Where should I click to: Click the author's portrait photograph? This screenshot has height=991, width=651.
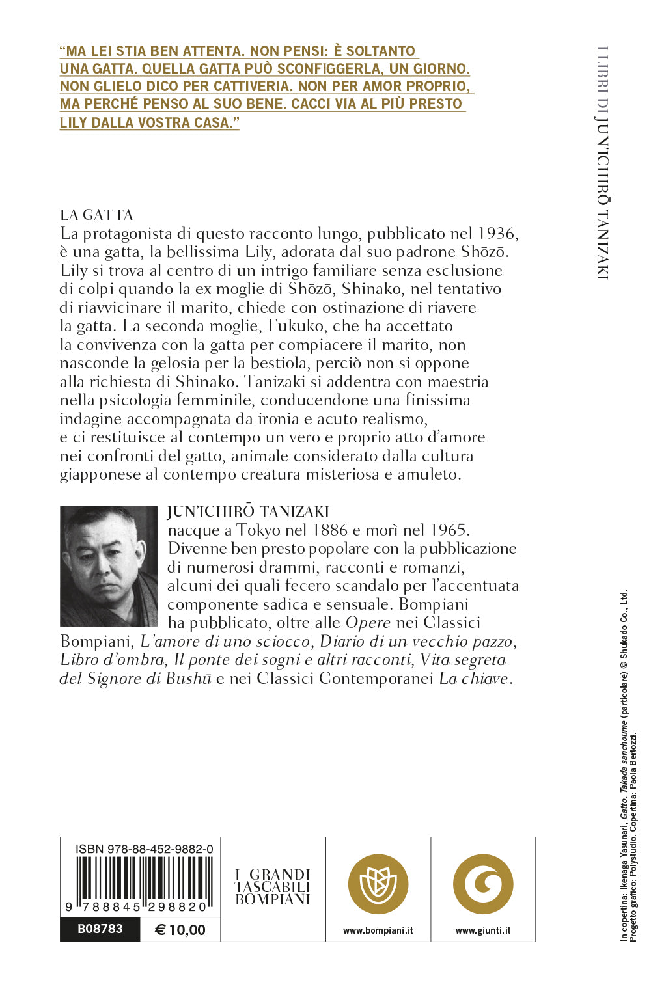pos(108,566)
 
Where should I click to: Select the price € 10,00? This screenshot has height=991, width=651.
pos(180,930)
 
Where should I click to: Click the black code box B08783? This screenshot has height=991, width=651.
pos(100,929)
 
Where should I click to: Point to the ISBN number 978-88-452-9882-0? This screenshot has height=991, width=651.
pos(144,849)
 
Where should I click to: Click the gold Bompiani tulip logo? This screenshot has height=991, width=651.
pos(378,884)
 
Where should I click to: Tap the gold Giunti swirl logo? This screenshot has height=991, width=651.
pos(483,884)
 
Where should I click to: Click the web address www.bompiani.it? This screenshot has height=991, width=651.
pos(378,930)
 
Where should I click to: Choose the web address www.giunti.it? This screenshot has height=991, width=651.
pos(483,930)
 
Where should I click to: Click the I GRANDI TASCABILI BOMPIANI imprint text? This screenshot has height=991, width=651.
pos(273,887)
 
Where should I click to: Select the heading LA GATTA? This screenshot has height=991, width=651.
pos(96,215)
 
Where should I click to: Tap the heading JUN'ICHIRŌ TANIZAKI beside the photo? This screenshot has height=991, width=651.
pos(248,511)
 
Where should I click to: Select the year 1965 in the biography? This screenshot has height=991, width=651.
pos(445,530)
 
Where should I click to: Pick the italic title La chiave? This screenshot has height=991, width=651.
pos(474,679)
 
